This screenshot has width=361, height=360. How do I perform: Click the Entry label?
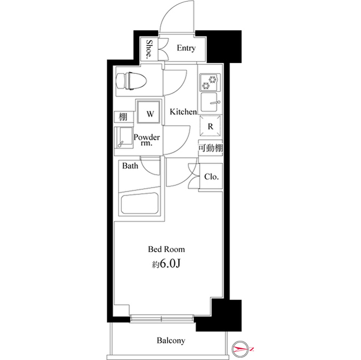[x=186, y=48]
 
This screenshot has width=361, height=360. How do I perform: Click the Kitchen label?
[x=183, y=112]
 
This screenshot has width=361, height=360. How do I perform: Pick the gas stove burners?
[x=210, y=83]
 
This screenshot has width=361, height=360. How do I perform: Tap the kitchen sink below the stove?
[x=210, y=104]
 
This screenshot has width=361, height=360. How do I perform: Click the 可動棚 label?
[x=209, y=148]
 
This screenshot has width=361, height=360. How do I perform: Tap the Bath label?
[x=131, y=166]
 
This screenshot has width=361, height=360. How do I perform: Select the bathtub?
[x=138, y=203]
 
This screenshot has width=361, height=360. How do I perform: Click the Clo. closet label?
[x=212, y=177]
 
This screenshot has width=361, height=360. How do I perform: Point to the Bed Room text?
[x=166, y=248]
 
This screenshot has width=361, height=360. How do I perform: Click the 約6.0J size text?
[x=166, y=263]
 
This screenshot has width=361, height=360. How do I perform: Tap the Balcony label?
[x=170, y=341]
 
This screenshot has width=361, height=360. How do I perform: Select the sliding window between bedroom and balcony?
[x=161, y=319]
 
